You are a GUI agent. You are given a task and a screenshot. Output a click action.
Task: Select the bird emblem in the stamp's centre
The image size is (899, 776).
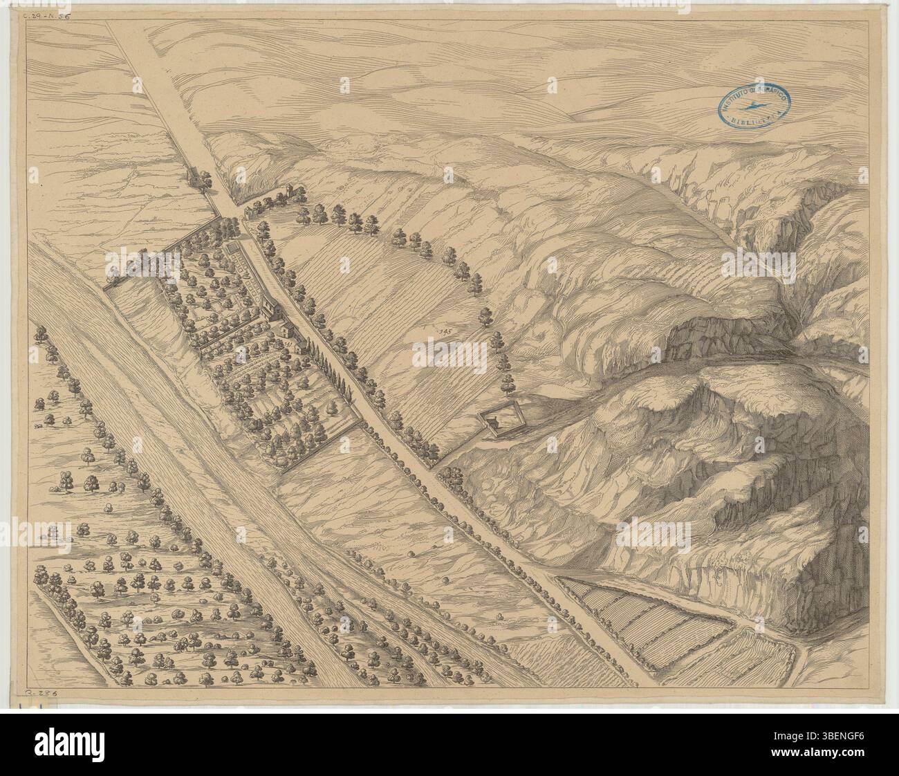(x=752, y=106)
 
